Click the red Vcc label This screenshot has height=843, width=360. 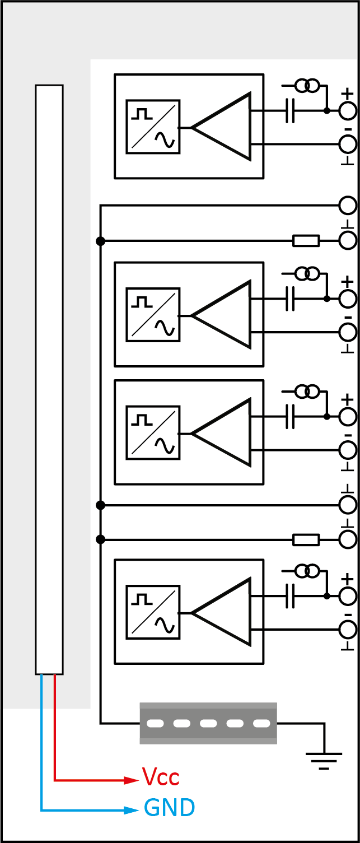pyautogui.click(x=160, y=777)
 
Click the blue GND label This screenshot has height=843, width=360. pyautogui.click(x=169, y=808)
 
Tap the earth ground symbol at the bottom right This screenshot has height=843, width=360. pyautogui.click(x=324, y=758)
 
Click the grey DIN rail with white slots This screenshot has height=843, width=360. pyautogui.click(x=208, y=723)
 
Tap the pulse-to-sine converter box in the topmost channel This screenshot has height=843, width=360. pyautogui.click(x=153, y=127)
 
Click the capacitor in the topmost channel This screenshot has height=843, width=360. pyautogui.click(x=289, y=111)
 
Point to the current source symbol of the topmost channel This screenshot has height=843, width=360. pyautogui.click(x=307, y=86)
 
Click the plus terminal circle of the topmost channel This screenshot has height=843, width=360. pyautogui.click(x=348, y=111)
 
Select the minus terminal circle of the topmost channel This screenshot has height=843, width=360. pyautogui.click(x=348, y=144)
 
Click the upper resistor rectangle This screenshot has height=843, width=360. pyautogui.click(x=306, y=241)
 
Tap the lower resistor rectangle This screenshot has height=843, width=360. pyautogui.click(x=306, y=540)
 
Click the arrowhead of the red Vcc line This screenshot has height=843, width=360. pyautogui.click(x=131, y=780)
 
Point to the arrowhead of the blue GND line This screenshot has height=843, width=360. pyautogui.click(x=131, y=810)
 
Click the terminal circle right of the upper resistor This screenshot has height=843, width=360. pyautogui.click(x=348, y=241)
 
